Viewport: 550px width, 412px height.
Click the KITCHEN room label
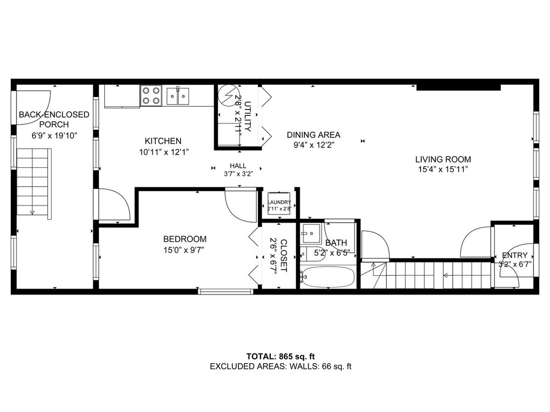tap(163, 141)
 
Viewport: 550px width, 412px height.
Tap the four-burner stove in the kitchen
tap(151, 95)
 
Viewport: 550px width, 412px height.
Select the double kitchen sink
tap(178, 96)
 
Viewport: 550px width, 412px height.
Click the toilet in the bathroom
tap(308, 253)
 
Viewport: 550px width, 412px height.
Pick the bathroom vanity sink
tap(311, 234)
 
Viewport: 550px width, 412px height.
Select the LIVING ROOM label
tap(443, 159)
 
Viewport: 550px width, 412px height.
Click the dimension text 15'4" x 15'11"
tap(443, 170)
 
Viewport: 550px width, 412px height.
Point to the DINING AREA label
tap(314, 135)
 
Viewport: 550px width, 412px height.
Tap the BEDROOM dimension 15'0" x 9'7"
tap(184, 250)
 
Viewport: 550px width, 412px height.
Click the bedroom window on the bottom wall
tap(226, 291)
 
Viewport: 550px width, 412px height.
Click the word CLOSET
tap(284, 256)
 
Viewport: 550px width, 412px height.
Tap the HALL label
tap(238, 166)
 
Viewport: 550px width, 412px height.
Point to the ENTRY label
tap(515, 255)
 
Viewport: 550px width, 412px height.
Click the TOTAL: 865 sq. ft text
tap(280, 356)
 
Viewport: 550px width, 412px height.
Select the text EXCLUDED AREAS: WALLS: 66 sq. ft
tap(280, 366)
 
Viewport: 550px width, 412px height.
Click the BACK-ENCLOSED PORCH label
tap(54, 119)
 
